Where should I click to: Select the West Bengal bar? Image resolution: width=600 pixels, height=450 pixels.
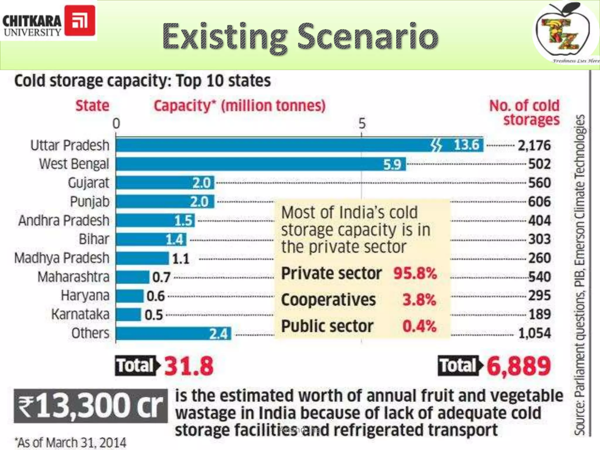pos(261,164)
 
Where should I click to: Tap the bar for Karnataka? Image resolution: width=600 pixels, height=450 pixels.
pos(128,314)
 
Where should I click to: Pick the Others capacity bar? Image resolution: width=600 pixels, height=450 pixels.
pos(173,333)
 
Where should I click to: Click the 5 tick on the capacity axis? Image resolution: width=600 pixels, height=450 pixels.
pos(362,124)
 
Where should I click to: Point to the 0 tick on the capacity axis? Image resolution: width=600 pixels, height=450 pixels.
pos(116,124)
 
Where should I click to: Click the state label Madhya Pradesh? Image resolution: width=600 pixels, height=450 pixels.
pos(62,258)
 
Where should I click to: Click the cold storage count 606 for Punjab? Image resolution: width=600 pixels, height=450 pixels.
pos(539,202)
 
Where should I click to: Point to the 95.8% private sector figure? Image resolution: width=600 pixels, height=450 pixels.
pos(415,273)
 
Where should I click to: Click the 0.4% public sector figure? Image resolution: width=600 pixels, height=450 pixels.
pos(419,326)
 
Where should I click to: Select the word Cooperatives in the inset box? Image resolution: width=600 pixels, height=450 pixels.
pos(328,300)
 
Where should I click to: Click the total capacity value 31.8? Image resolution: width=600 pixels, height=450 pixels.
pos(189,366)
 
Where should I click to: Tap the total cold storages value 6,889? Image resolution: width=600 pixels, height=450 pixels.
pos(519,366)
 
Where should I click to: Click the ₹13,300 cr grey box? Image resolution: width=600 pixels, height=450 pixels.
pos(91,406)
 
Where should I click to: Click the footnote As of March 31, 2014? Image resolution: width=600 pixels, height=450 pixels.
pos(71,442)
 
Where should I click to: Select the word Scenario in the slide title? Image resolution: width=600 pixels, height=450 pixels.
pos(368,37)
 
